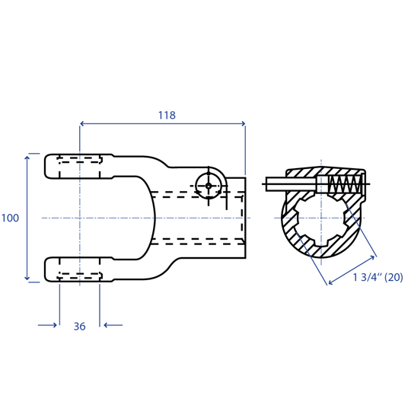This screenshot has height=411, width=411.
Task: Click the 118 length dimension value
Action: coord(167,115)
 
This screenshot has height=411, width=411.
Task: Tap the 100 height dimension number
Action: coord(10,218)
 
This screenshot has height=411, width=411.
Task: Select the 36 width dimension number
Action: coord(79,327)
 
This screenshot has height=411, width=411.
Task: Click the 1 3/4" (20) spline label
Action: coord(378,277)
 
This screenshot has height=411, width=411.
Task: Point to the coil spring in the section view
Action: coord(345,183)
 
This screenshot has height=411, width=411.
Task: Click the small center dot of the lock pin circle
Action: coord(209,186)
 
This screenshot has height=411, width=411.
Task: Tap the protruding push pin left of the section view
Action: coord(291,183)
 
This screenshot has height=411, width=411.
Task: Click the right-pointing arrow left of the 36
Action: coord(47,325)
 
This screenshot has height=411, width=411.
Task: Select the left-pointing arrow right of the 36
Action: coord(113,325)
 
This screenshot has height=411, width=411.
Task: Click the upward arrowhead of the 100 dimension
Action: coord(27,158)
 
